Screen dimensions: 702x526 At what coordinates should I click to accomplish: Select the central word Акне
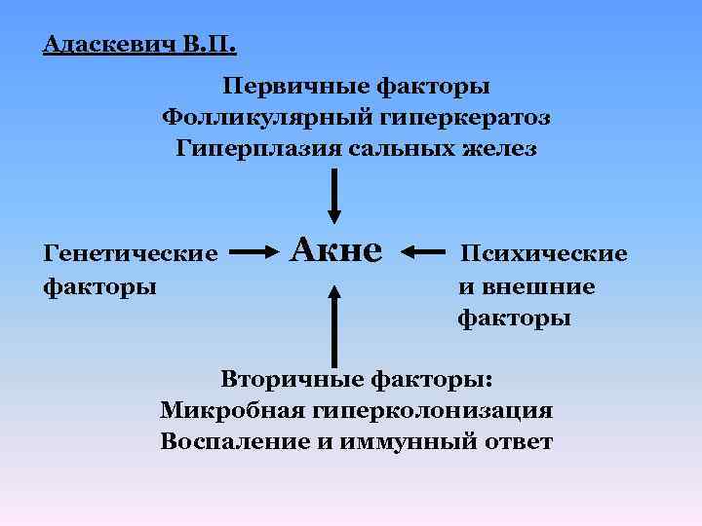point(337,251)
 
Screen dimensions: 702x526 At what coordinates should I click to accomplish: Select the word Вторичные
point(287,379)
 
